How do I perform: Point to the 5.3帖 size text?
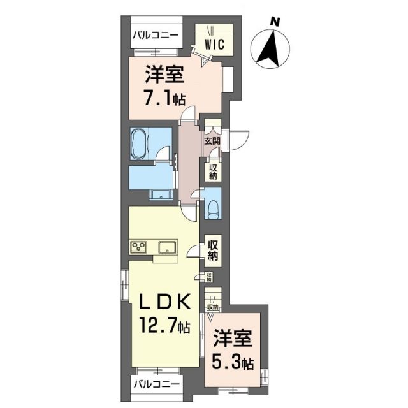point(232,363)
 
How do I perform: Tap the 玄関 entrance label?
point(212,141)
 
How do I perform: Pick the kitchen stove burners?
point(140,247)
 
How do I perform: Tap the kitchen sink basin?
point(168,247)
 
